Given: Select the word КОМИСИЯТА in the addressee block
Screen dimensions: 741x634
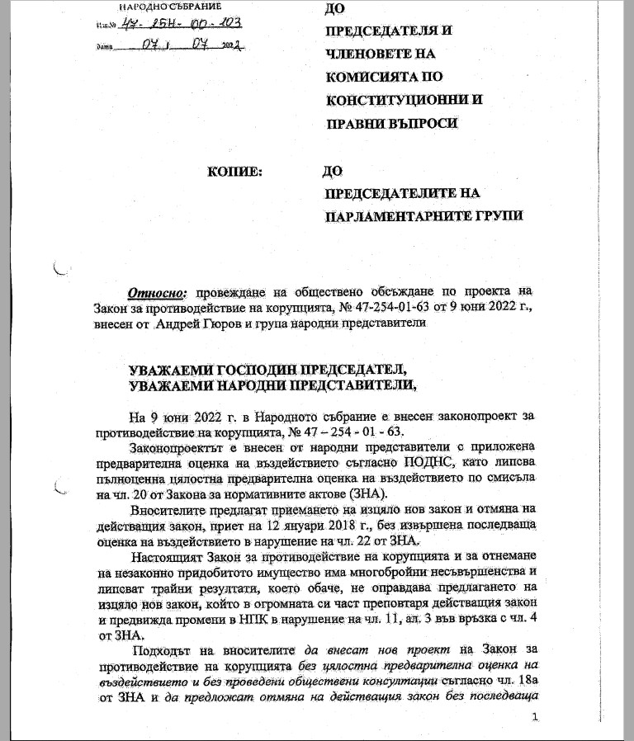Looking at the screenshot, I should point(373,77).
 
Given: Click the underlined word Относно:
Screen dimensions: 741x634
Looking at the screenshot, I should point(158,292).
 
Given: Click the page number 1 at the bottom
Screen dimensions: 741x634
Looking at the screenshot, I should point(535,717).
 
